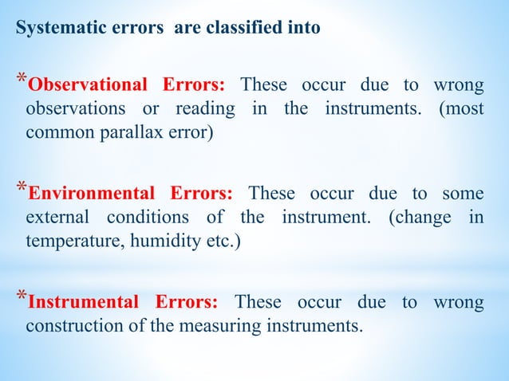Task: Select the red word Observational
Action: point(89,86)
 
